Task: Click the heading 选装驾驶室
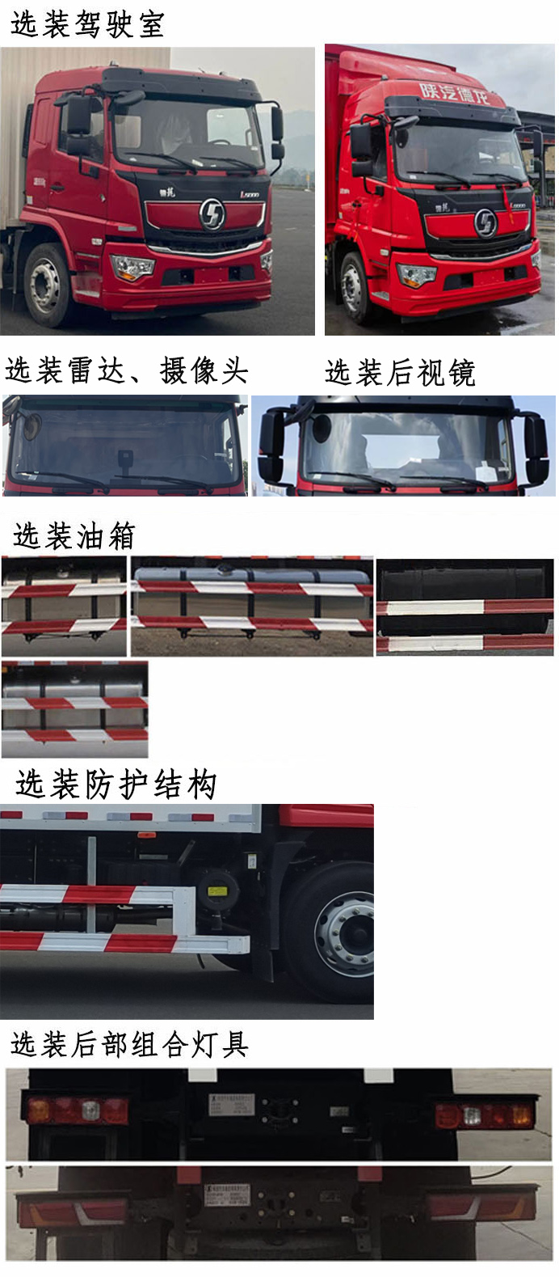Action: (x=87, y=23)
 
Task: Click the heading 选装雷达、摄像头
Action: (x=127, y=370)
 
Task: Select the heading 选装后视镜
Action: (x=400, y=372)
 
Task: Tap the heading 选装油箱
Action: (x=74, y=535)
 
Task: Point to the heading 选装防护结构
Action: (x=116, y=784)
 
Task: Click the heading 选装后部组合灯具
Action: (x=129, y=1044)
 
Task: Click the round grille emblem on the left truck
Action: (x=212, y=214)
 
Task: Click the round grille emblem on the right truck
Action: (x=485, y=223)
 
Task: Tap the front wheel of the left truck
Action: (x=47, y=285)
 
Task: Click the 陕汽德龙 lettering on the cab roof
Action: (x=454, y=93)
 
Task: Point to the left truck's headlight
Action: (x=132, y=267)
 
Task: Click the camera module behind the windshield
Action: (x=125, y=459)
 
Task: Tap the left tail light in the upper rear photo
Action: (x=78, y=1110)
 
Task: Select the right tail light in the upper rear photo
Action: (x=485, y=1115)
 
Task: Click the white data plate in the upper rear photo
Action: (x=232, y=1105)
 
